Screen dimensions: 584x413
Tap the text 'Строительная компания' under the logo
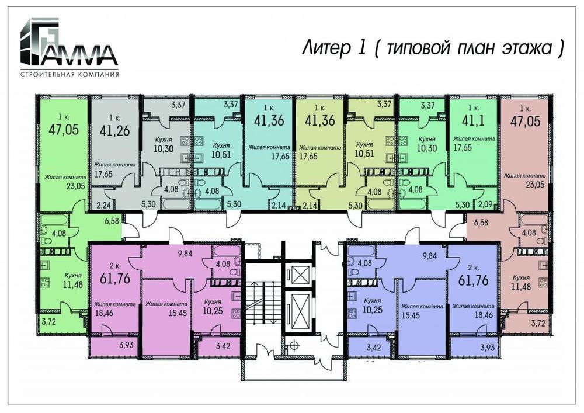coord(69,74)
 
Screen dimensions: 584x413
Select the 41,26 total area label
coord(114,130)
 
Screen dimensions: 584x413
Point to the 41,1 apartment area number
coord(473,121)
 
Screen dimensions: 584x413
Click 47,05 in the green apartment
coord(64,130)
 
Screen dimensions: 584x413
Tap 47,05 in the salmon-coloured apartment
coord(525,121)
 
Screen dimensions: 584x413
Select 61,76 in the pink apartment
coord(115,278)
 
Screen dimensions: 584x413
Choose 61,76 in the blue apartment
coord(473,280)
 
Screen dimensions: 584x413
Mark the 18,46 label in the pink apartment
coord(105,313)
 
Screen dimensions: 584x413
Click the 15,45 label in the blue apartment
coord(411,315)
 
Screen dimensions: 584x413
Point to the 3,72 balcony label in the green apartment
coord(49,321)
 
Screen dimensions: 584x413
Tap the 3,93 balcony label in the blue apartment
coord(488,348)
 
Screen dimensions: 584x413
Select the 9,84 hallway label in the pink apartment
coord(185,254)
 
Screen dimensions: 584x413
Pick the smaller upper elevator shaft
coord(298,275)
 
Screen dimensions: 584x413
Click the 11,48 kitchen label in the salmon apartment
coord(521,287)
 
